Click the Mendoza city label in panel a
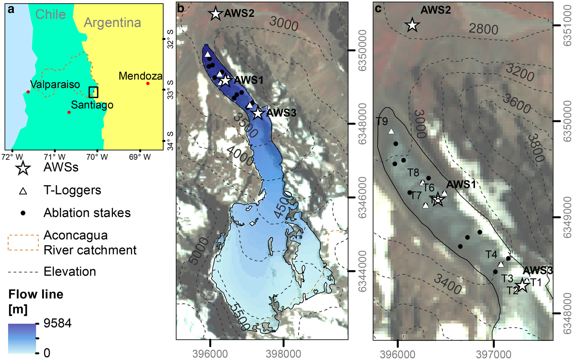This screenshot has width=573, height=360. click(x=140, y=76)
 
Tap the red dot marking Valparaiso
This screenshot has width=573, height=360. click(x=28, y=92)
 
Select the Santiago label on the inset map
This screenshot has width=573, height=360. click(x=92, y=105)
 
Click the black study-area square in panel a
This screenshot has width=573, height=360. click(x=94, y=92)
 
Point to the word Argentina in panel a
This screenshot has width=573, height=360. click(x=112, y=23)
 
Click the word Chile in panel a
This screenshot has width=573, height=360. click(x=50, y=14)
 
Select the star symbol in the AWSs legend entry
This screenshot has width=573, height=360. click(x=23, y=168)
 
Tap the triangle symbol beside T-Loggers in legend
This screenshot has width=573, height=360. click(x=23, y=190)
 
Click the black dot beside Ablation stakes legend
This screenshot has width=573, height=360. click(x=23, y=213)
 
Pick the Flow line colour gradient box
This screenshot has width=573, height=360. click(x=22, y=338)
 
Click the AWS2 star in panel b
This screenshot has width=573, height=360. click(x=215, y=13)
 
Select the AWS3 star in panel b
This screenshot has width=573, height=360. click(x=257, y=113)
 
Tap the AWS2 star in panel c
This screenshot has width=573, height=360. click(x=412, y=25)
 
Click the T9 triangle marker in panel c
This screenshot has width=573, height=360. click(x=391, y=131)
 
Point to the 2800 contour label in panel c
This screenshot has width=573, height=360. click(x=483, y=29)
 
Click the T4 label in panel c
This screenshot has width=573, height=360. click(x=492, y=254)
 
